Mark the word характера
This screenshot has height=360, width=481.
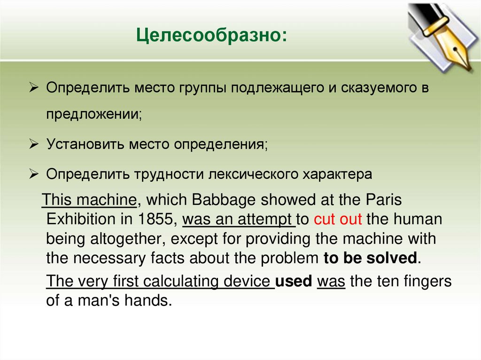click(339, 174)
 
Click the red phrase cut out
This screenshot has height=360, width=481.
click(338, 219)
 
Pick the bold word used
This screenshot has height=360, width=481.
click(294, 282)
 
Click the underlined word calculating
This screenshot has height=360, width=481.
click(180, 282)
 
